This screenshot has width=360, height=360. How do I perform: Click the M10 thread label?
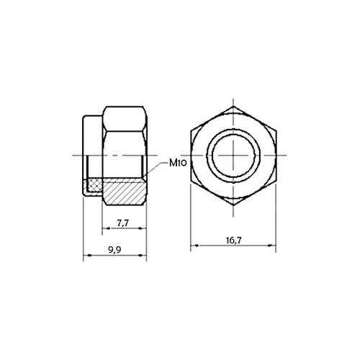click(178, 163)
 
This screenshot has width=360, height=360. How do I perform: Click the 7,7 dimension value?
click(123, 223)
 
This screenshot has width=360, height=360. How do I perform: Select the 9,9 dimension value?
click(114, 251)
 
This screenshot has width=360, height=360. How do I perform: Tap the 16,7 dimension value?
click(234, 240)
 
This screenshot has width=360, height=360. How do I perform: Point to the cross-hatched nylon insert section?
click(96, 185)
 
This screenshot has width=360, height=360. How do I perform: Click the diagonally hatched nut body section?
click(124, 192)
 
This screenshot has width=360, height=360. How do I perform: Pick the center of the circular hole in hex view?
click(233, 156)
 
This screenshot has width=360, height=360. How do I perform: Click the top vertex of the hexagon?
click(233, 107)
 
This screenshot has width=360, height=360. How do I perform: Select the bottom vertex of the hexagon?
click(233, 204)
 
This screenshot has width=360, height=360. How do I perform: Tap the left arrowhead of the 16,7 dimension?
click(197, 246)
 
